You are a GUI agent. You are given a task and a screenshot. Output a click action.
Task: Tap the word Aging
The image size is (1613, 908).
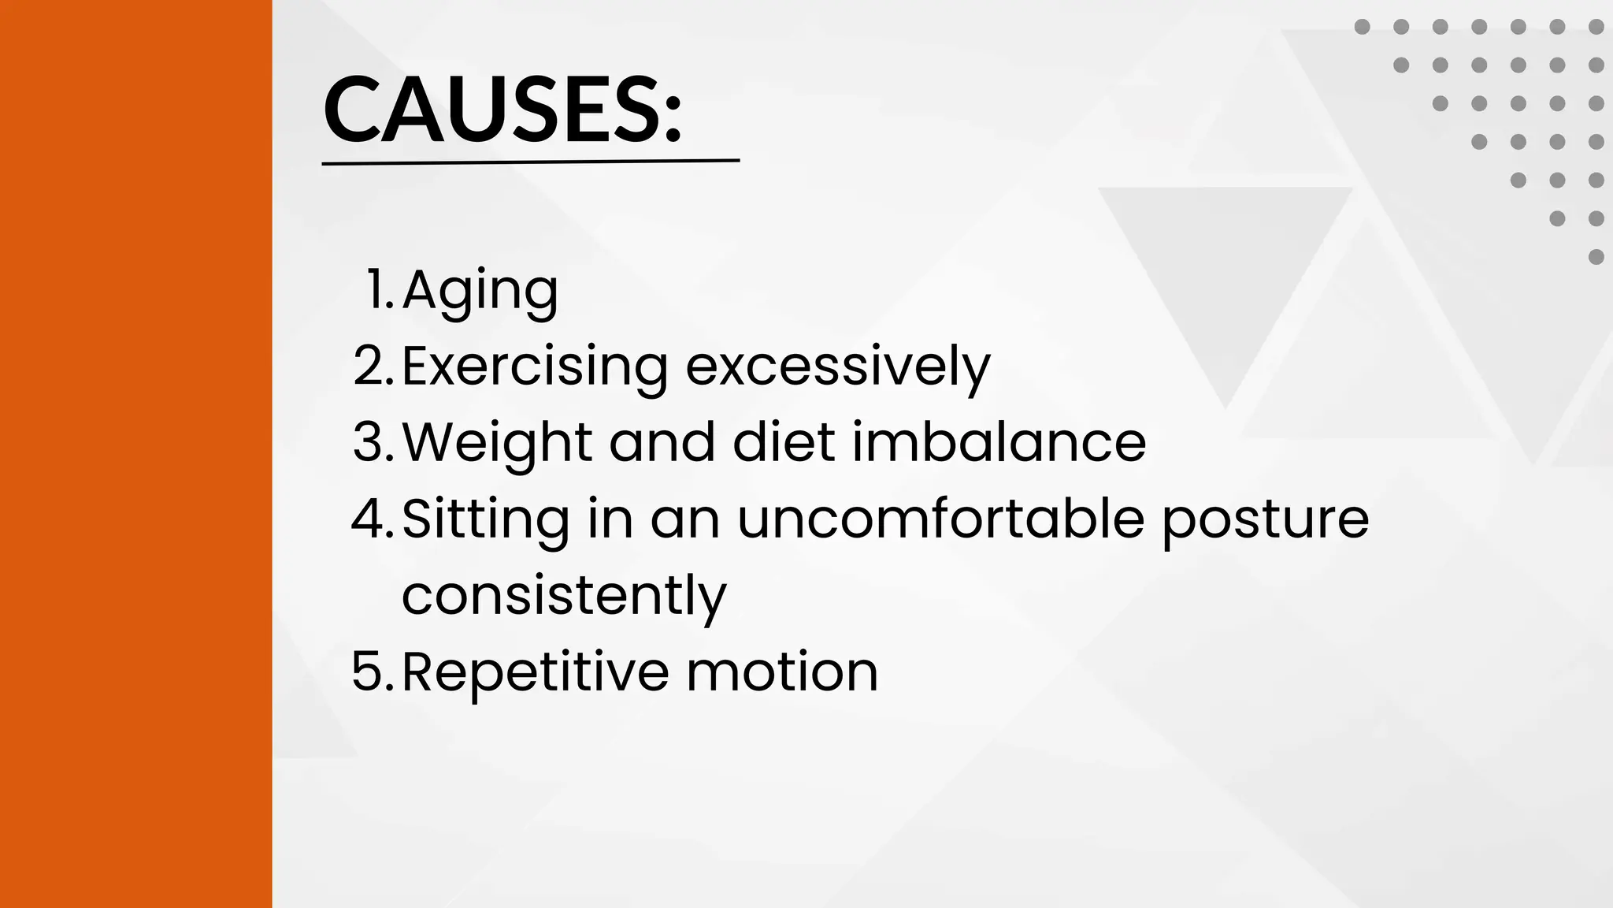pyautogui.click(x=480, y=291)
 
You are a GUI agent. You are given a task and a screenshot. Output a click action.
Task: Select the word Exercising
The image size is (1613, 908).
pyautogui.click(x=535, y=367)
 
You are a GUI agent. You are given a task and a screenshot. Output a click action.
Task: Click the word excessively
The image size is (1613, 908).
pyautogui.click(x=837, y=367)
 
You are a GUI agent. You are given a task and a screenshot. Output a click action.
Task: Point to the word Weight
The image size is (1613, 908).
pyautogui.click(x=497, y=442)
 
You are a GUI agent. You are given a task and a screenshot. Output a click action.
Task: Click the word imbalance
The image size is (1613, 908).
pyautogui.click(x=999, y=442)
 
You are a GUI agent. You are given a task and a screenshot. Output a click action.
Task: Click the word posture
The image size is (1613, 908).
pyautogui.click(x=1266, y=520)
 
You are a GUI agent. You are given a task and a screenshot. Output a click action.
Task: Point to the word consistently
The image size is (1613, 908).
pyautogui.click(x=564, y=596)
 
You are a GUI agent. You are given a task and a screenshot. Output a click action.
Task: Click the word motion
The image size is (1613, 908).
pyautogui.click(x=782, y=672)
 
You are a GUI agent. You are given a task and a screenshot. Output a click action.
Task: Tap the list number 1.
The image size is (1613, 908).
pyautogui.click(x=379, y=290)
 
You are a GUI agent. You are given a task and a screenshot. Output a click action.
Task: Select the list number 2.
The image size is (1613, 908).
pyautogui.click(x=373, y=367)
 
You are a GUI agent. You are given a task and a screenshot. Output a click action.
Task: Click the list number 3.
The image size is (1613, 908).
pyautogui.click(x=373, y=442)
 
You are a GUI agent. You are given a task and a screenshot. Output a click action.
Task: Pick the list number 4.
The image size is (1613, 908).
pyautogui.click(x=372, y=519)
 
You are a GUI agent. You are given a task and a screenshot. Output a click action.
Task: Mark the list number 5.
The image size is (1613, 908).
pyautogui.click(x=373, y=672)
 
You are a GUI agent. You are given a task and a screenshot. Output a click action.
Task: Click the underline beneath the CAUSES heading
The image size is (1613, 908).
pyautogui.click(x=531, y=162)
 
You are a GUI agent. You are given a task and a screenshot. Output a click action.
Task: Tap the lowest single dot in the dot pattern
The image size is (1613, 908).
pyautogui.click(x=1596, y=257)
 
